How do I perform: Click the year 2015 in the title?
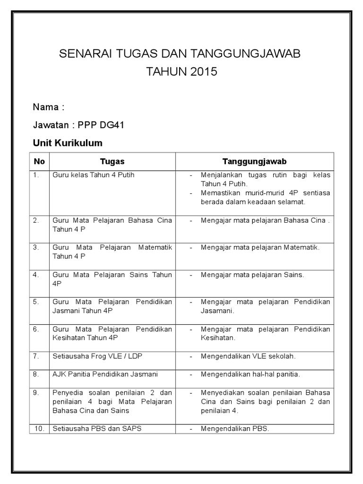[204, 72]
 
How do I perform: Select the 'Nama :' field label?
[49, 107]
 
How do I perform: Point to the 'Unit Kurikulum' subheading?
[68, 143]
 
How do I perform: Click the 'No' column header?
[40, 161]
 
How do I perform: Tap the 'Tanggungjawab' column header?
[254, 161]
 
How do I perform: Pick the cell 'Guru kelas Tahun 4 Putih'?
[94, 175]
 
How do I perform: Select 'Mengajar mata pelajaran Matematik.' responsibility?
[260, 247]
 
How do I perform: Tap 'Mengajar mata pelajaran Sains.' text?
[252, 274]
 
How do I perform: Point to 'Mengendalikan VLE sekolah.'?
[251, 356]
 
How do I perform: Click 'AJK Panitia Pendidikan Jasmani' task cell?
[105, 374]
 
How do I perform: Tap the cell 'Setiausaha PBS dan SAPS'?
[97, 429]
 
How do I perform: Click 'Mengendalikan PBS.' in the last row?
[234, 429]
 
